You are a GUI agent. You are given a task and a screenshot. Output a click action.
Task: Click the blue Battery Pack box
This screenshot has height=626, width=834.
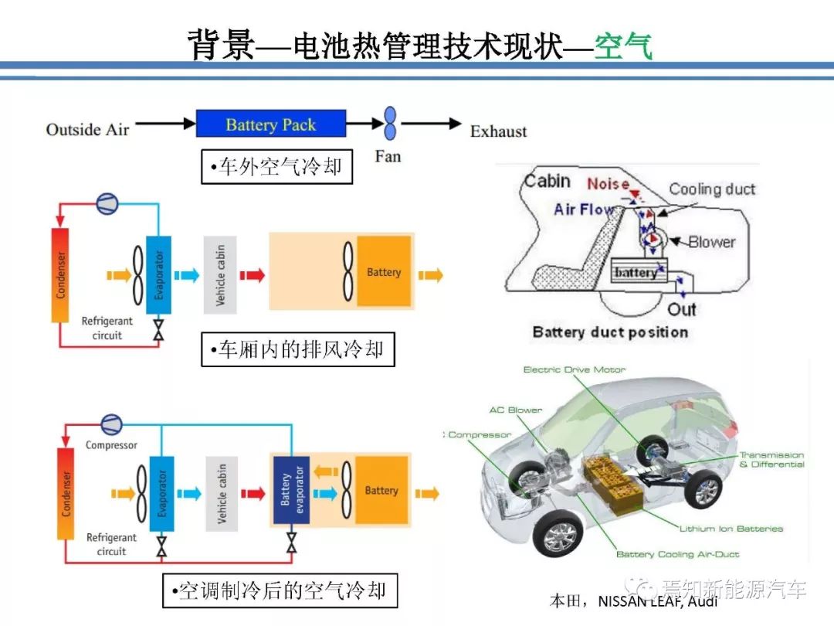pyautogui.click(x=270, y=124)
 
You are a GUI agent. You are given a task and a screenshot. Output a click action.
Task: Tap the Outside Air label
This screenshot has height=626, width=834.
pyautogui.click(x=87, y=129)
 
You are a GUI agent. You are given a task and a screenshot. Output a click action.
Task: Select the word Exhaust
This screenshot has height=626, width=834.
pyautogui.click(x=498, y=131)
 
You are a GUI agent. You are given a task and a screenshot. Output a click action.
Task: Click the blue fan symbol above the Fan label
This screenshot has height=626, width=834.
pyautogui.click(x=390, y=124)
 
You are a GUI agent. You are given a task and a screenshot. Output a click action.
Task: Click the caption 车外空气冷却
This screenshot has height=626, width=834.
pyautogui.click(x=276, y=166)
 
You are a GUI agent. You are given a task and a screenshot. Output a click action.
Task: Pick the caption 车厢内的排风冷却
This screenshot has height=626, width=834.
pyautogui.click(x=298, y=350)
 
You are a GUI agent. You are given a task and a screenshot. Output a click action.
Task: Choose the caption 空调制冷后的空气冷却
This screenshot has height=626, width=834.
pyautogui.click(x=279, y=591)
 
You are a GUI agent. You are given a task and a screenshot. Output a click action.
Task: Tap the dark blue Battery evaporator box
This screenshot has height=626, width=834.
pyautogui.click(x=291, y=490)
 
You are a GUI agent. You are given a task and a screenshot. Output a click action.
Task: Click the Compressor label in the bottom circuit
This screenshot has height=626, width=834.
pyautogui.click(x=111, y=445)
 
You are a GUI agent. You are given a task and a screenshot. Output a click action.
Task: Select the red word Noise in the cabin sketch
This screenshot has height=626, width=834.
pyautogui.click(x=608, y=184)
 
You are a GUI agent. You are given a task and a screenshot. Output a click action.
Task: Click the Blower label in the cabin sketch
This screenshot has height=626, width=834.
pyautogui.click(x=711, y=242)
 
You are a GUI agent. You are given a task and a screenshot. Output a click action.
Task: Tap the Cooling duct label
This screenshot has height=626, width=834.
pyautogui.click(x=712, y=189)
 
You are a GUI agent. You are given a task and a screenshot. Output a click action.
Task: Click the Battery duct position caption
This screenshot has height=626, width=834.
pyautogui.click(x=610, y=332)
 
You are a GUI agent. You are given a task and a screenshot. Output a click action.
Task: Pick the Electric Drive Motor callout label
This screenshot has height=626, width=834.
pyautogui.click(x=574, y=369)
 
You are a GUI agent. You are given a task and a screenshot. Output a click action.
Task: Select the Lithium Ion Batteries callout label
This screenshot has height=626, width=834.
pyautogui.click(x=731, y=529)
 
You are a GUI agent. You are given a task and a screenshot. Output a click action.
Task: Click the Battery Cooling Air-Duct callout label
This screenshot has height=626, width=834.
pyautogui.click(x=677, y=554)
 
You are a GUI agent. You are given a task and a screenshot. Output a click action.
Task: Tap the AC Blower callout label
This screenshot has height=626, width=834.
pyautogui.click(x=515, y=410)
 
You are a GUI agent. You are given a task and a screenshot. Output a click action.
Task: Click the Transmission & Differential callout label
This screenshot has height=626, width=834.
pyautogui.click(x=771, y=460)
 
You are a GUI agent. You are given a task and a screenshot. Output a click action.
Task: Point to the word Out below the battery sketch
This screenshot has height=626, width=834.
pyautogui.click(x=681, y=309)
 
